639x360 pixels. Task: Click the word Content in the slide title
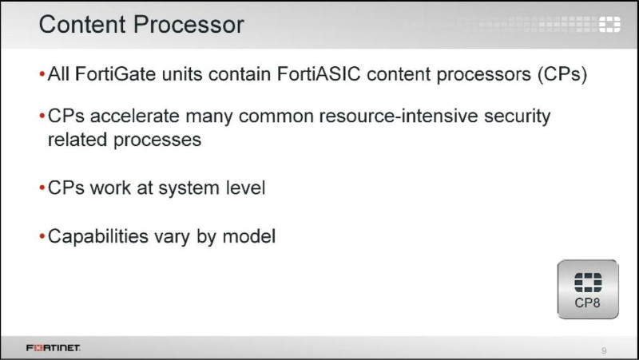tap(82, 25)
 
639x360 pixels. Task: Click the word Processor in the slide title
tap(189, 25)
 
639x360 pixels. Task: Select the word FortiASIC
tap(319, 74)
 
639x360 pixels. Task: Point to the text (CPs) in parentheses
tap(562, 74)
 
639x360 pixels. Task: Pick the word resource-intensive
tap(399, 116)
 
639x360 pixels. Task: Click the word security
tap(517, 117)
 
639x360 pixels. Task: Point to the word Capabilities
tap(97, 236)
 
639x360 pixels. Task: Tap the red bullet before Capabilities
tap(42, 236)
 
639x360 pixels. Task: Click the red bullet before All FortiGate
tap(42, 74)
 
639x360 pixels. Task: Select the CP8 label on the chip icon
tap(587, 303)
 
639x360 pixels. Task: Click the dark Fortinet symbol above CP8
tap(588, 283)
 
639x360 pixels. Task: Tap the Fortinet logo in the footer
tap(54, 348)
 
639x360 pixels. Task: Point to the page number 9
tap(604, 350)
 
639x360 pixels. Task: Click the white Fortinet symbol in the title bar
tap(609, 25)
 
